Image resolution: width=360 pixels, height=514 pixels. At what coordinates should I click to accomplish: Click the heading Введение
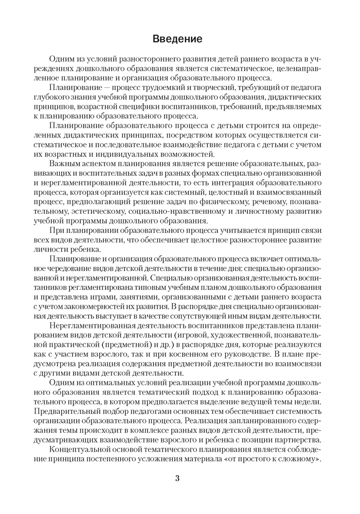180,39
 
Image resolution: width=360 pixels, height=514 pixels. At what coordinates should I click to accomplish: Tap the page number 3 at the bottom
177,479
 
